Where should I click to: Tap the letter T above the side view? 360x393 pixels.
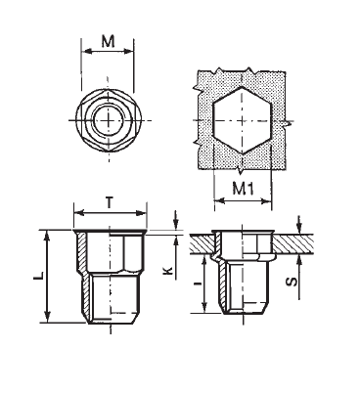tap(111, 199)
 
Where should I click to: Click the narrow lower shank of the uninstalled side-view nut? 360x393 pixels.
tap(111, 298)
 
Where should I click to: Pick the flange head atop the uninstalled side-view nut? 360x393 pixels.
tap(111, 231)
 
